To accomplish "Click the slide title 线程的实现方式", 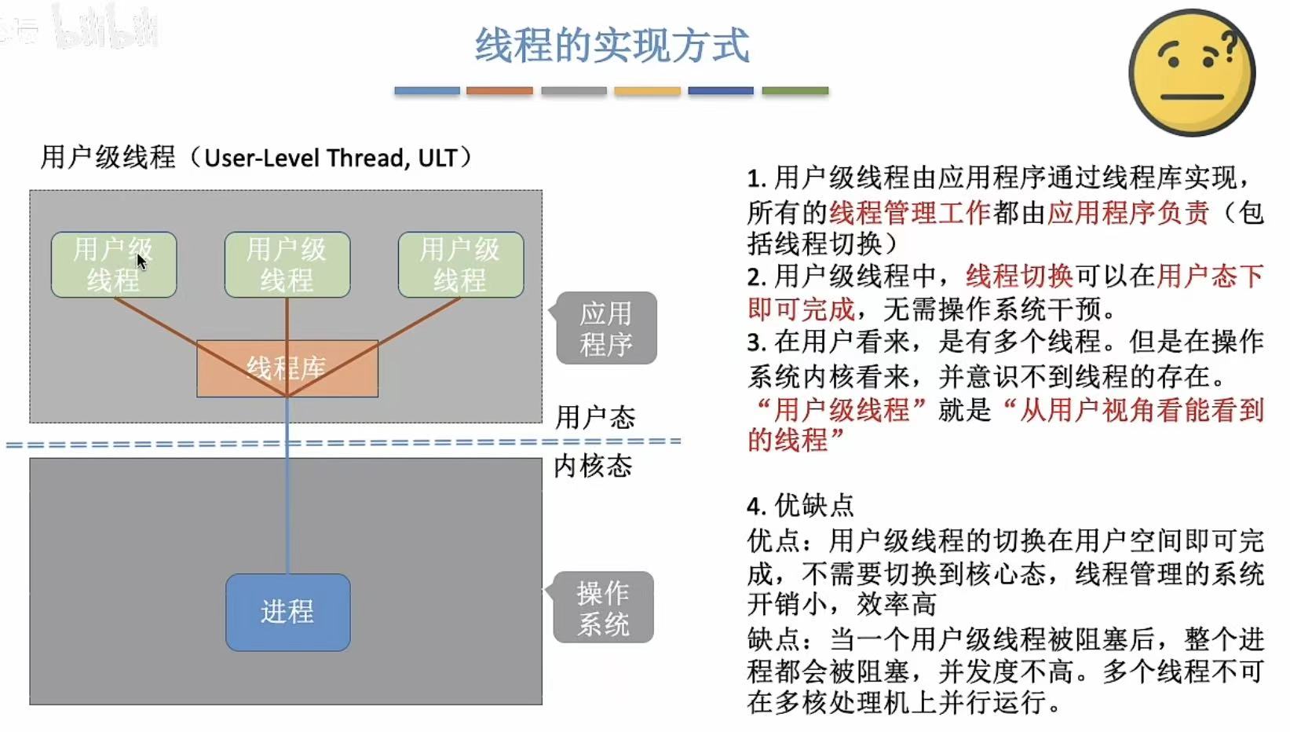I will [x=612, y=46].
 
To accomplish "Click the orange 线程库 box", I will [x=287, y=368].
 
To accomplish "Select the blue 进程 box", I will [x=287, y=612].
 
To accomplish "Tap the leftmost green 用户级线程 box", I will [x=113, y=265].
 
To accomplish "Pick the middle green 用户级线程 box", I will [x=287, y=265].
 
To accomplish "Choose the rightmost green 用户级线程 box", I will [x=460, y=265].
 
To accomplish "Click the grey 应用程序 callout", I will [x=606, y=328].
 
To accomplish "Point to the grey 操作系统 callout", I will [x=603, y=608].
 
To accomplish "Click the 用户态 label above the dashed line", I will [x=595, y=417].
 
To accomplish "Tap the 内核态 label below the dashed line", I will [x=593, y=466].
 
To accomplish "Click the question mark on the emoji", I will [x=1230, y=46].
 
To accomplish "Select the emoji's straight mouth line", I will [x=1192, y=97].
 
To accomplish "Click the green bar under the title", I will [x=795, y=91].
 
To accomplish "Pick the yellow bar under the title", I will [x=647, y=91].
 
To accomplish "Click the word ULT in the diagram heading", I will [x=437, y=158].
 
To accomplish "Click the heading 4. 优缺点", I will [x=800, y=506].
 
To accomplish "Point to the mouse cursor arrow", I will [x=141, y=261].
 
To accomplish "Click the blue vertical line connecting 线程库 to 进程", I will [x=287, y=503].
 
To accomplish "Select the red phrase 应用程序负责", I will [x=1127, y=213].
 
